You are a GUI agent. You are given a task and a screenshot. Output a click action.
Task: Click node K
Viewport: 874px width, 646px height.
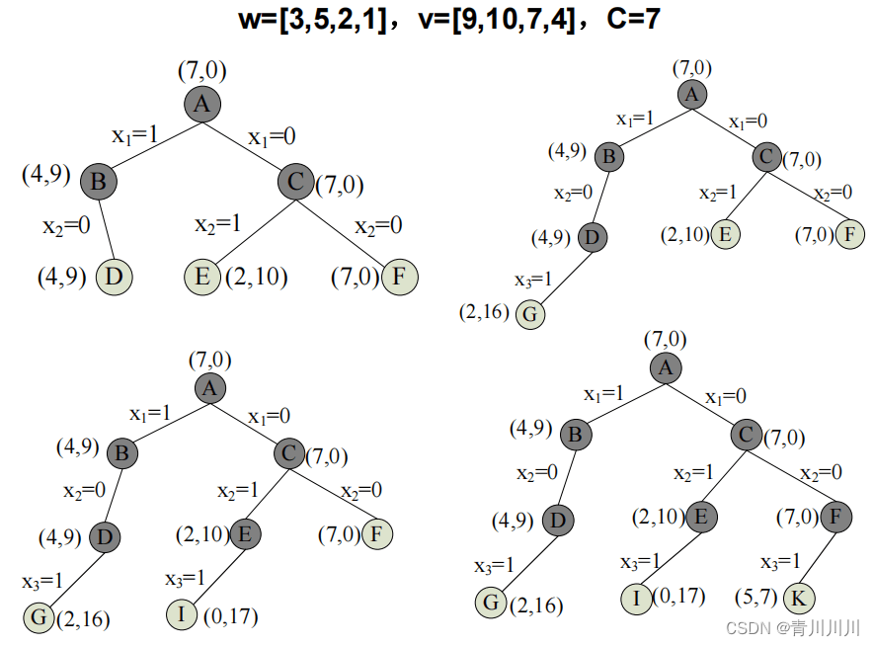point(800,599)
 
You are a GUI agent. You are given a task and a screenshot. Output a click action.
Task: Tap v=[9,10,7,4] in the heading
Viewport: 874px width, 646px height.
point(497,19)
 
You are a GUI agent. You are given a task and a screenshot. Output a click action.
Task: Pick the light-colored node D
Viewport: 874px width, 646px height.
point(114,277)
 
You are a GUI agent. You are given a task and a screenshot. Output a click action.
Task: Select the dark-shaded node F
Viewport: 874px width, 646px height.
point(834,517)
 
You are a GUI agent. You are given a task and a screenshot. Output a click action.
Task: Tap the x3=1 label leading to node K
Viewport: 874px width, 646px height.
point(780,562)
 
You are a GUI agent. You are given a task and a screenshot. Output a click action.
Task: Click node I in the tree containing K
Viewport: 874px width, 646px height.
point(638,599)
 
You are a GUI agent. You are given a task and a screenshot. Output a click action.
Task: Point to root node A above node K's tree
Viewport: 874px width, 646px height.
point(667,368)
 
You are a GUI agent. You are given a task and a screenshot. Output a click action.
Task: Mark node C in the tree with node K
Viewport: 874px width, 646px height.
point(747,434)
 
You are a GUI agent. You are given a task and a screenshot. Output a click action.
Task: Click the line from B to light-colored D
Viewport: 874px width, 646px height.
point(106,229)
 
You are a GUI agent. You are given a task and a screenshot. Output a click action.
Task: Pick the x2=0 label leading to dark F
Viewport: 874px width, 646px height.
point(821,472)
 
